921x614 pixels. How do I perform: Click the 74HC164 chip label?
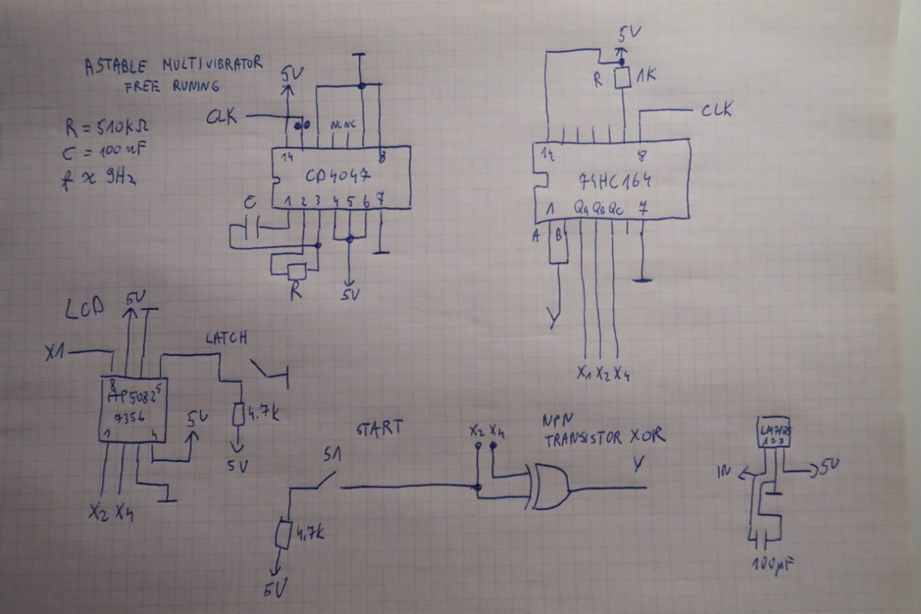[x=614, y=181]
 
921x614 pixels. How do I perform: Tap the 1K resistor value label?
[x=645, y=74]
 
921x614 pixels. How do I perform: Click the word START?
[x=379, y=428]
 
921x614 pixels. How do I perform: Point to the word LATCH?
[x=226, y=337]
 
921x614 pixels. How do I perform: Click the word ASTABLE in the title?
[x=115, y=67]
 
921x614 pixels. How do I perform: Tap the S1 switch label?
[x=333, y=455]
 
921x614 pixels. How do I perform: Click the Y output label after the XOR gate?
[x=637, y=464]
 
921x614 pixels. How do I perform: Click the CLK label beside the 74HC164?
[x=716, y=109]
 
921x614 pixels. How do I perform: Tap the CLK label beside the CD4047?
[x=222, y=117]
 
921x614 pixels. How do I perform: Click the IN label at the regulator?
[x=725, y=470]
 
